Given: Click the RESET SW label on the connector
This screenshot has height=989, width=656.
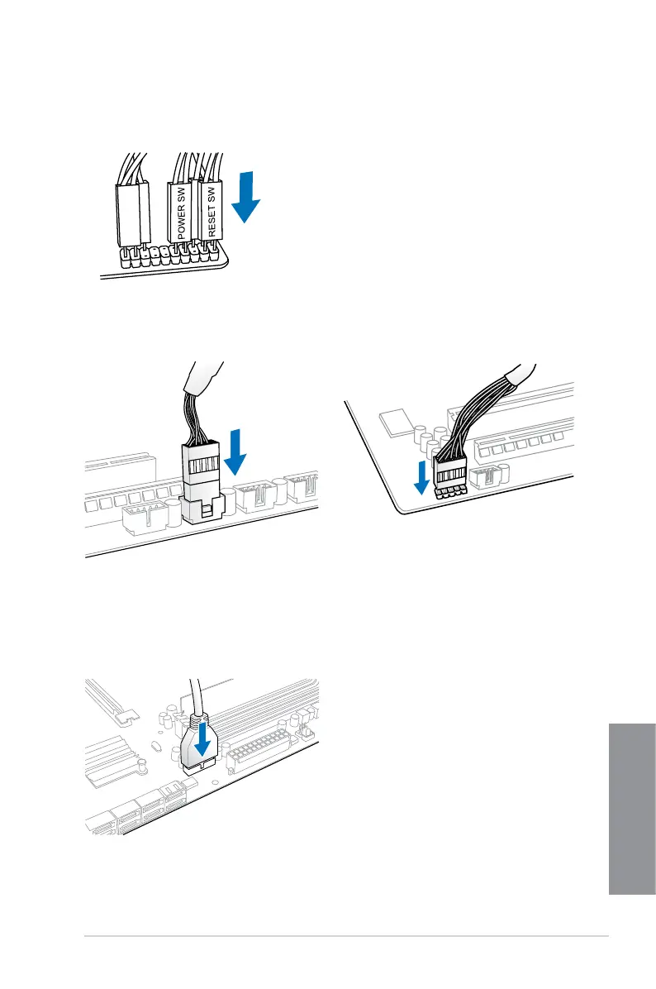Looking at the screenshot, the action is [212, 212].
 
